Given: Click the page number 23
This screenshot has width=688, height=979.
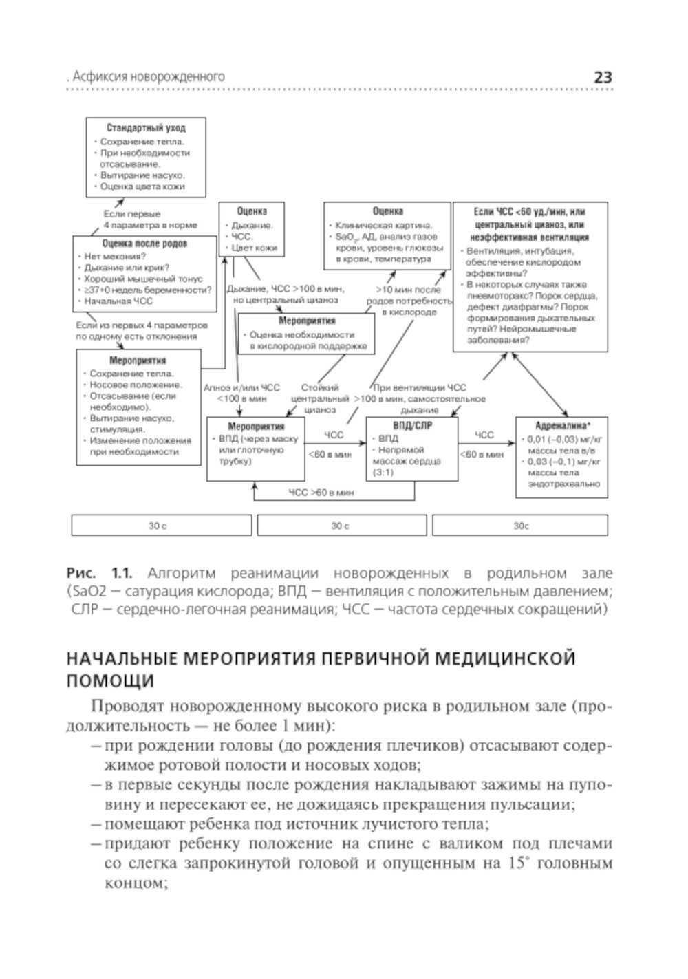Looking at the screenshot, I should [x=602, y=77].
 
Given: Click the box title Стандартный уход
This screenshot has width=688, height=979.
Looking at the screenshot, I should [x=146, y=128].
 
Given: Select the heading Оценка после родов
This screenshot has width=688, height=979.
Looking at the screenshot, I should [x=144, y=244].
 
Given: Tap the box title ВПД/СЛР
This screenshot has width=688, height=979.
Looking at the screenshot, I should [x=411, y=425].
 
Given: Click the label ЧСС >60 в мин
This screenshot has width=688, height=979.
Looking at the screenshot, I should [x=321, y=493].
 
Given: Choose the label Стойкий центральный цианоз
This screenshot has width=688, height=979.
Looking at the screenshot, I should [x=320, y=398].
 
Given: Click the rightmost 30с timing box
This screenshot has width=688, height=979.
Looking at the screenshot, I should [x=520, y=526].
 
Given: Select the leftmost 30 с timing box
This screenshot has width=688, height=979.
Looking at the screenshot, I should [x=158, y=526].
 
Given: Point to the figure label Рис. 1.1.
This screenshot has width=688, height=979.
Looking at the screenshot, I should [x=98, y=573].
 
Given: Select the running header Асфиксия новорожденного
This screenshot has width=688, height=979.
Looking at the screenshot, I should [x=149, y=77].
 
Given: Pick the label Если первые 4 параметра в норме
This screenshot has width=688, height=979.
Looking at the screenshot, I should [x=150, y=219].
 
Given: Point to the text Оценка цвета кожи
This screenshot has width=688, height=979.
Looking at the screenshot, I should [x=142, y=186].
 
